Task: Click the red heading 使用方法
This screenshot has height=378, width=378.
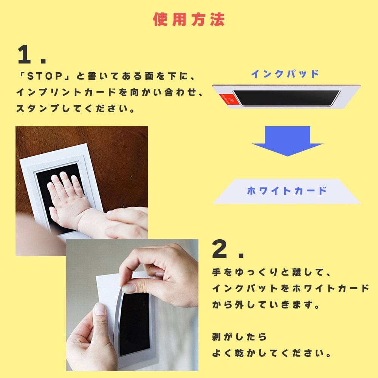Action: (189, 19)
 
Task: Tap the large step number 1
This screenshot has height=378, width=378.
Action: (24, 54)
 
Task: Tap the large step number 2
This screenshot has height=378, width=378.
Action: (219, 249)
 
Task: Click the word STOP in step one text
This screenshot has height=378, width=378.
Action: (45, 76)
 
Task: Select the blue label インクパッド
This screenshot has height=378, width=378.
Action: (285, 74)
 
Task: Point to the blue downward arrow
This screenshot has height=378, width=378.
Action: (287, 141)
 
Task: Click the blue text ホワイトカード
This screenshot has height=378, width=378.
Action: (287, 191)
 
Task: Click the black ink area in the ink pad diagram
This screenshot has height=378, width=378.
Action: (287, 98)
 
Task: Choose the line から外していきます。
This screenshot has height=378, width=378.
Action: (266, 305)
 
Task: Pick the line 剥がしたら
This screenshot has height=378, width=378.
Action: (239, 337)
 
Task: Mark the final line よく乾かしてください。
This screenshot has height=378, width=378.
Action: (272, 353)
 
